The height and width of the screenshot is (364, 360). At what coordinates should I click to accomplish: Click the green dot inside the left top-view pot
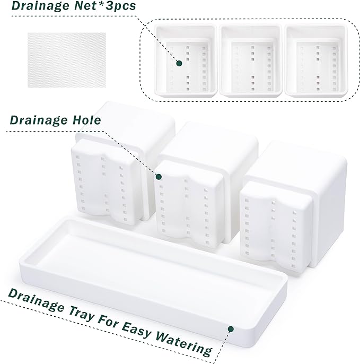[x=179, y=63]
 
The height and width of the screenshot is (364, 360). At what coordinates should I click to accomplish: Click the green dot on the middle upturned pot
[x=158, y=176]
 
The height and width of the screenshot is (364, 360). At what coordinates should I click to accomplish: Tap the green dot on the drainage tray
[x=230, y=330]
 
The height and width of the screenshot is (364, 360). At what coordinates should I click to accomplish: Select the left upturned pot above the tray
[x=109, y=170]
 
